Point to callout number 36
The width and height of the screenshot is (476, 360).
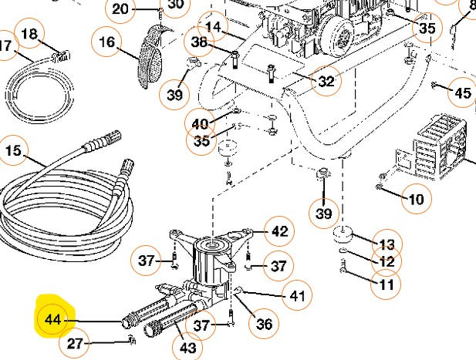pos(263,325)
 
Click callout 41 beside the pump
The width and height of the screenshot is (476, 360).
pos(296,296)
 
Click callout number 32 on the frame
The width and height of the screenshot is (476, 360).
pos(326,80)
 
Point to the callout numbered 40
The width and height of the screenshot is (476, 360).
pos(200,123)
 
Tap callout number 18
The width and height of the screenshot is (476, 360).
pos(29,34)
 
